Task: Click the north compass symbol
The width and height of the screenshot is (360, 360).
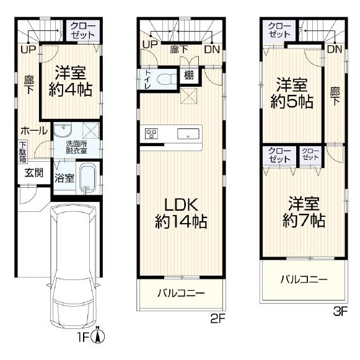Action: (98, 335)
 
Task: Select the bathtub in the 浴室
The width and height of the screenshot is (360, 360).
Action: (87, 178)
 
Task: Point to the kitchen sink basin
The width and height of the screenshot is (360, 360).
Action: (188, 134)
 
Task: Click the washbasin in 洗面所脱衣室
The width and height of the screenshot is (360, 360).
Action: (63, 131)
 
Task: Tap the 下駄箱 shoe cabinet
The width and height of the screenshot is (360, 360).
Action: (23, 152)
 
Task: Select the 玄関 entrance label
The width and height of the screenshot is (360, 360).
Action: (33, 173)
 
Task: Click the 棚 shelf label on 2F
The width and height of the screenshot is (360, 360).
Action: (189, 75)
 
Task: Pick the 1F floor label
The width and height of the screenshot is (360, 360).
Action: (83, 337)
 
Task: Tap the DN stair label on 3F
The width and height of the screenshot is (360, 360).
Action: (335, 49)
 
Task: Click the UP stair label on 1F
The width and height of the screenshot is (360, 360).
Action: (29, 49)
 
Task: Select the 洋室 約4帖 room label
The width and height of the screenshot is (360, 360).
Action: (71, 81)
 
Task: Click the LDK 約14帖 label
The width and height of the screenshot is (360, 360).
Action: (181, 213)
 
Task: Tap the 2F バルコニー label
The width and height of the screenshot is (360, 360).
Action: (181, 293)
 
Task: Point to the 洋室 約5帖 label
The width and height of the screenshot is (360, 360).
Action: (292, 93)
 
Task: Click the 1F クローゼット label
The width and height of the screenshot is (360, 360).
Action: (83, 30)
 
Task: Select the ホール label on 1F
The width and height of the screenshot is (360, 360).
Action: (34, 131)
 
